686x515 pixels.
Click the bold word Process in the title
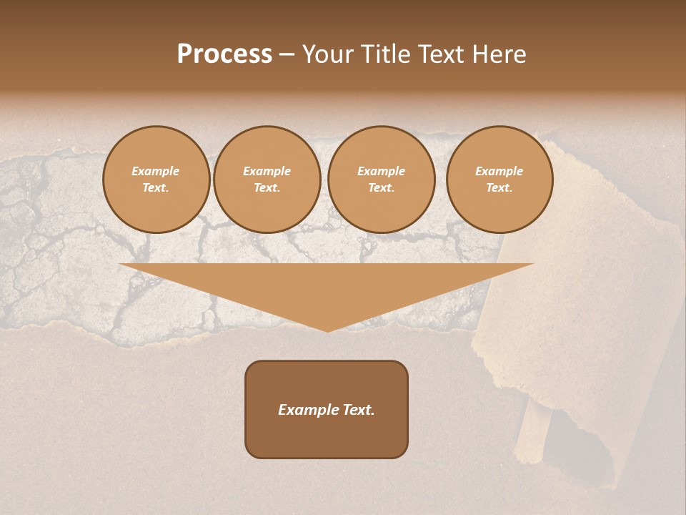(224, 54)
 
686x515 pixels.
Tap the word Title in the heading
(384, 54)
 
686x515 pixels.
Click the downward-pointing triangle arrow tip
(327, 325)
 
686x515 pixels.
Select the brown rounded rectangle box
(327, 436)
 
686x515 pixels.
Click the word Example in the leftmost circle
(156, 172)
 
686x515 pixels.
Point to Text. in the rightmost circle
(499, 188)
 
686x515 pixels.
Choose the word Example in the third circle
(382, 172)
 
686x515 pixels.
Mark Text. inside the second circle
(267, 188)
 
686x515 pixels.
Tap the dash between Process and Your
(287, 54)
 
